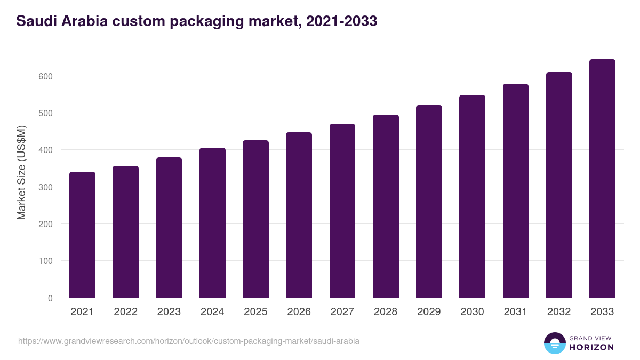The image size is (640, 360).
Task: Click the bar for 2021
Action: tap(82, 235)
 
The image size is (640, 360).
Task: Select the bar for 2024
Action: tap(212, 223)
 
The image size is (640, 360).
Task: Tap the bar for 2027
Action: tap(342, 211)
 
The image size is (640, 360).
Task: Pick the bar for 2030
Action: tap(472, 196)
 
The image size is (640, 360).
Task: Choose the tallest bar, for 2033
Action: tap(602, 179)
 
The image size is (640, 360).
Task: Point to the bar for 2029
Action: tap(429, 202)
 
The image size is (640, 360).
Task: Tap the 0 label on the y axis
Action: tap(50, 298)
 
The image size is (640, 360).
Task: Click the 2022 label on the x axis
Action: tap(125, 312)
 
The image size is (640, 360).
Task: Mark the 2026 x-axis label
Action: tap(299, 312)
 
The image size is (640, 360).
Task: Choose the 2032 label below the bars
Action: tap(558, 312)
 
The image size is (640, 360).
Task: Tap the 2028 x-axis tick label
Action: tap(386, 312)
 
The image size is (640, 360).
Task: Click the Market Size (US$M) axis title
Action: tap(21, 172)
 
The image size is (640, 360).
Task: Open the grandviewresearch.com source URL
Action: tap(189, 341)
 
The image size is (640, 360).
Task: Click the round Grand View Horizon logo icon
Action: tap(554, 343)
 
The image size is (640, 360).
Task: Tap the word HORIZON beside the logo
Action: tap(591, 347)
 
